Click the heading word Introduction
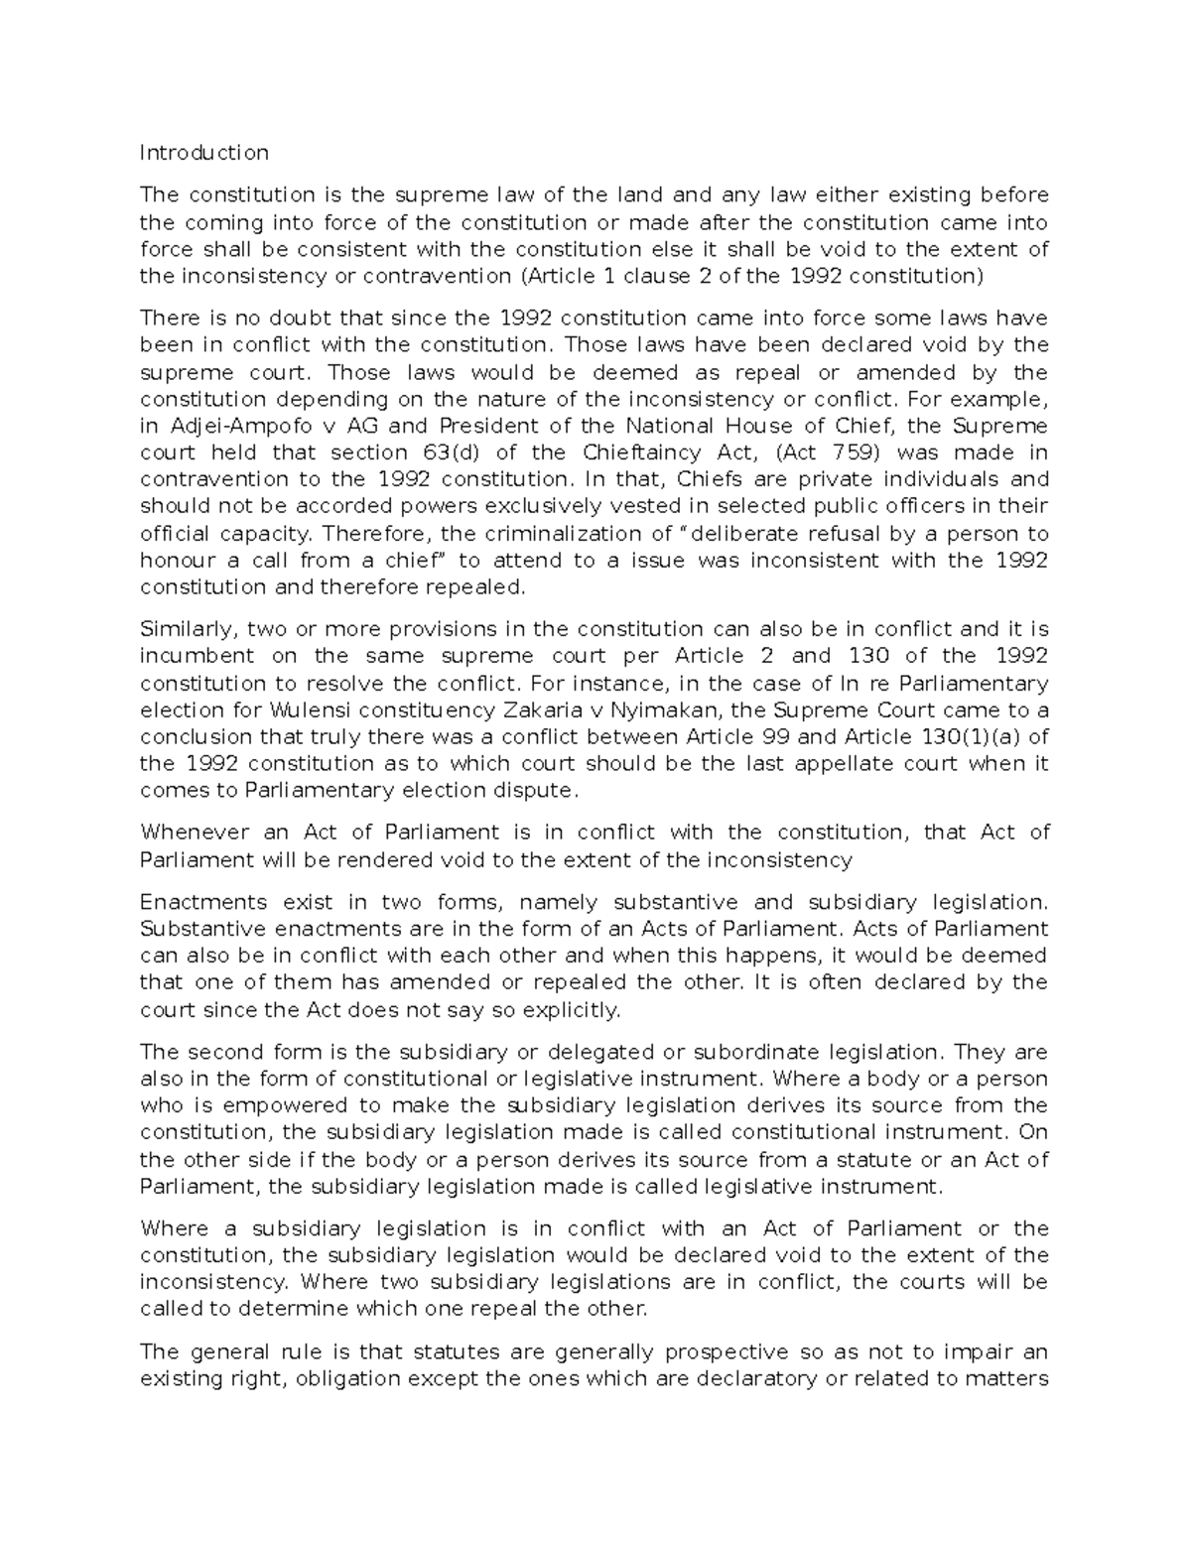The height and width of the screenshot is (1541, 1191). click(203, 153)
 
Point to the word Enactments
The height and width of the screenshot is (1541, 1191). click(203, 902)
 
